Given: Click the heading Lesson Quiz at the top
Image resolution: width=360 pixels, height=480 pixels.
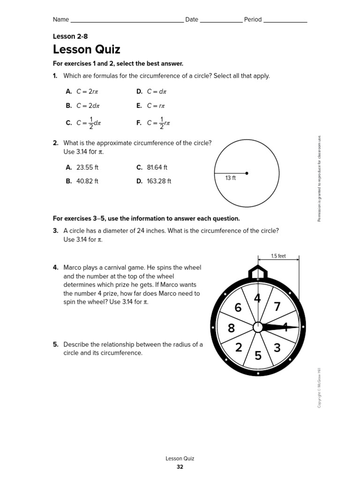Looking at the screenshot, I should pos(87,49).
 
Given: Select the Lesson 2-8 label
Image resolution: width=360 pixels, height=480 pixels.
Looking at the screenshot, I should pos(70,36).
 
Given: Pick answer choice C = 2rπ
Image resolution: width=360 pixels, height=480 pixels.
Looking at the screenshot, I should pos(85,91).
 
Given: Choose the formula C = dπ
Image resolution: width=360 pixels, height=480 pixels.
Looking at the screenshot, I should pos(157,91).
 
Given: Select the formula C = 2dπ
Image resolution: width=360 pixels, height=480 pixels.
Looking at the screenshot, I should pos(86,106).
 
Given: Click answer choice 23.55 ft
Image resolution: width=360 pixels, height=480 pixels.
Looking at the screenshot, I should pos(87,167).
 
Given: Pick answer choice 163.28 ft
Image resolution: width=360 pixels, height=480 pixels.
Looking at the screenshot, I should pos(159,181).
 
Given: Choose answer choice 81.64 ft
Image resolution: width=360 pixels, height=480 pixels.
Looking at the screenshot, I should pos(157,167).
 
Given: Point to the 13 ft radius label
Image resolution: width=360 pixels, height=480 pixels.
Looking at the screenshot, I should pos(231,178).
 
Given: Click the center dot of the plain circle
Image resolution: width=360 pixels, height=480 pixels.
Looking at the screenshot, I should pos(247,173).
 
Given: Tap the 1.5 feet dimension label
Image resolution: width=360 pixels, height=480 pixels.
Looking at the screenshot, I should pos(278,256).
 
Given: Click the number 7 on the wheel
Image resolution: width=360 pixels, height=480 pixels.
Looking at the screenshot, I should pos(277,307).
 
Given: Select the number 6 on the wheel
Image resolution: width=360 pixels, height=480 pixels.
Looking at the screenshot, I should pos(238,307).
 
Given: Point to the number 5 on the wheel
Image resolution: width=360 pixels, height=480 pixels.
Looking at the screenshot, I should pos(258,356).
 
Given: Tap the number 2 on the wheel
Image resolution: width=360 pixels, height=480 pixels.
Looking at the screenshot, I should pos(239,347).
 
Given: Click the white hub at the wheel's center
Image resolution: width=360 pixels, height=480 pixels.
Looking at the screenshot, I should pos(258,327).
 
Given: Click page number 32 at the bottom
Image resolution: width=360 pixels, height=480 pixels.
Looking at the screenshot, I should pos(180,467).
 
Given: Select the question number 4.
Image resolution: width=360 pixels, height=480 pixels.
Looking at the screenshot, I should pos(55,268).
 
